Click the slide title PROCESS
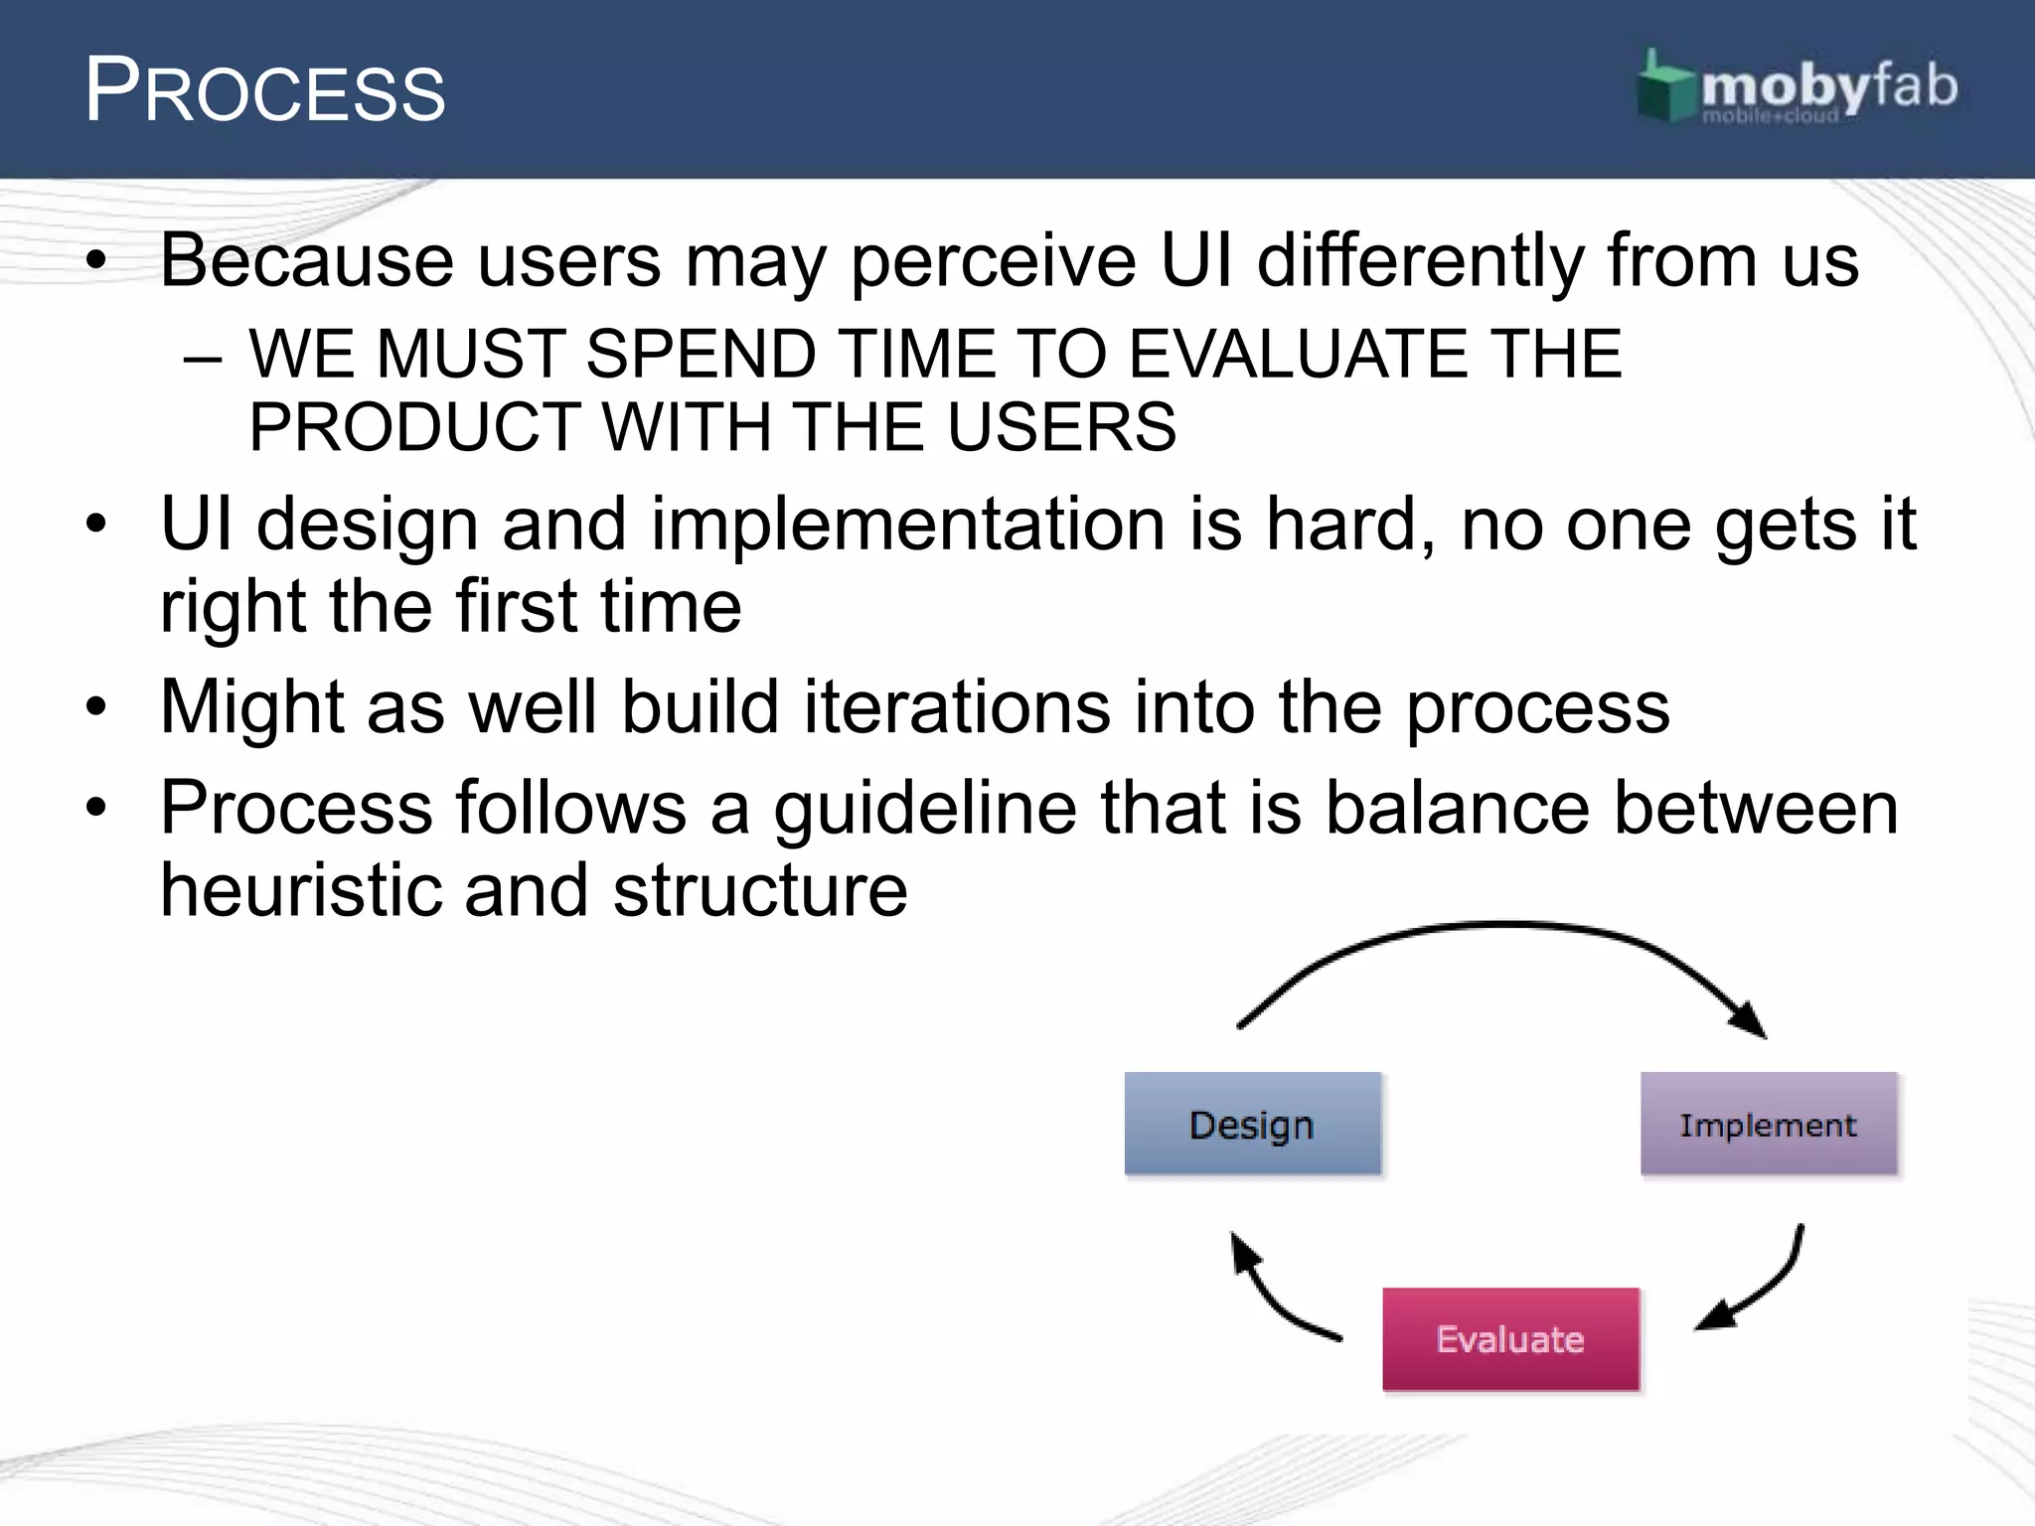point(264,91)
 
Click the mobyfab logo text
point(1828,87)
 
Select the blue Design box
point(1252,1124)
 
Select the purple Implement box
point(1769,1124)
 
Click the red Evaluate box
point(1510,1339)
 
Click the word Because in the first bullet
point(307,261)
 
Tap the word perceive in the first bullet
point(993,261)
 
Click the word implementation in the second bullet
point(907,525)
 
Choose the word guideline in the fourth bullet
point(925,808)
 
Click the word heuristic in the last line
point(300,890)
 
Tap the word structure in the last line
point(760,890)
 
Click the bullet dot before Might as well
point(95,707)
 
